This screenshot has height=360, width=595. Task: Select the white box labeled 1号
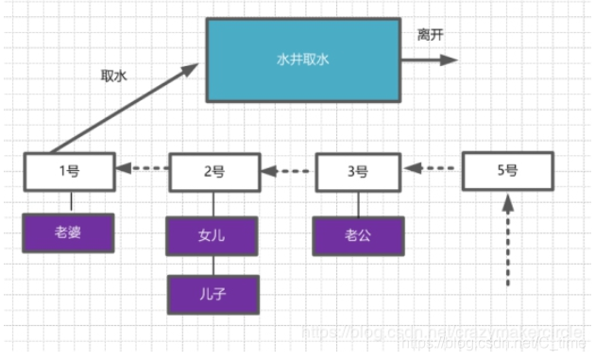[x=71, y=171]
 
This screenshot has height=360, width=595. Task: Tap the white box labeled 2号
[x=213, y=172]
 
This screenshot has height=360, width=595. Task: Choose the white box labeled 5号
[x=507, y=171]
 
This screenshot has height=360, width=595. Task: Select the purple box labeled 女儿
[x=213, y=236]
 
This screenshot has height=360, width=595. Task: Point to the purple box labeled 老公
[x=359, y=236]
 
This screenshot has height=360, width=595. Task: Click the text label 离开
[x=431, y=35]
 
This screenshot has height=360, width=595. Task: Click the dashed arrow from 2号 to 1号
[x=142, y=171]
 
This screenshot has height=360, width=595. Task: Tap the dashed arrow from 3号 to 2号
[x=287, y=172]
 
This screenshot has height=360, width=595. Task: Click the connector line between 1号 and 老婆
[x=71, y=201]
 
